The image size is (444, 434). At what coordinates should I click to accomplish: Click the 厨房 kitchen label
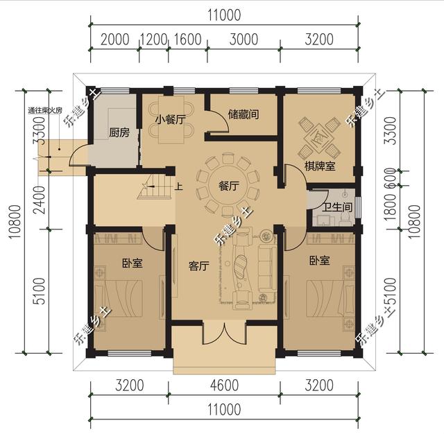(x=119, y=133)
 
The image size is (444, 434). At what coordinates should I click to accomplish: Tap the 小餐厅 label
(x=170, y=119)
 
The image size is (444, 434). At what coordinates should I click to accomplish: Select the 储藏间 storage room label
(x=243, y=114)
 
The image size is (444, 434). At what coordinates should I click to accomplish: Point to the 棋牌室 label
(x=319, y=166)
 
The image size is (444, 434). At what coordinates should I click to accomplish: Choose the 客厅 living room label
(x=199, y=266)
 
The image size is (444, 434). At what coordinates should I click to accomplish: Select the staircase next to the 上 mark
(x=156, y=186)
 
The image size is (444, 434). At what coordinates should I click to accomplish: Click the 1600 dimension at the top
(x=187, y=39)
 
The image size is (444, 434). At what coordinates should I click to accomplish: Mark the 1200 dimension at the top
(x=154, y=39)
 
